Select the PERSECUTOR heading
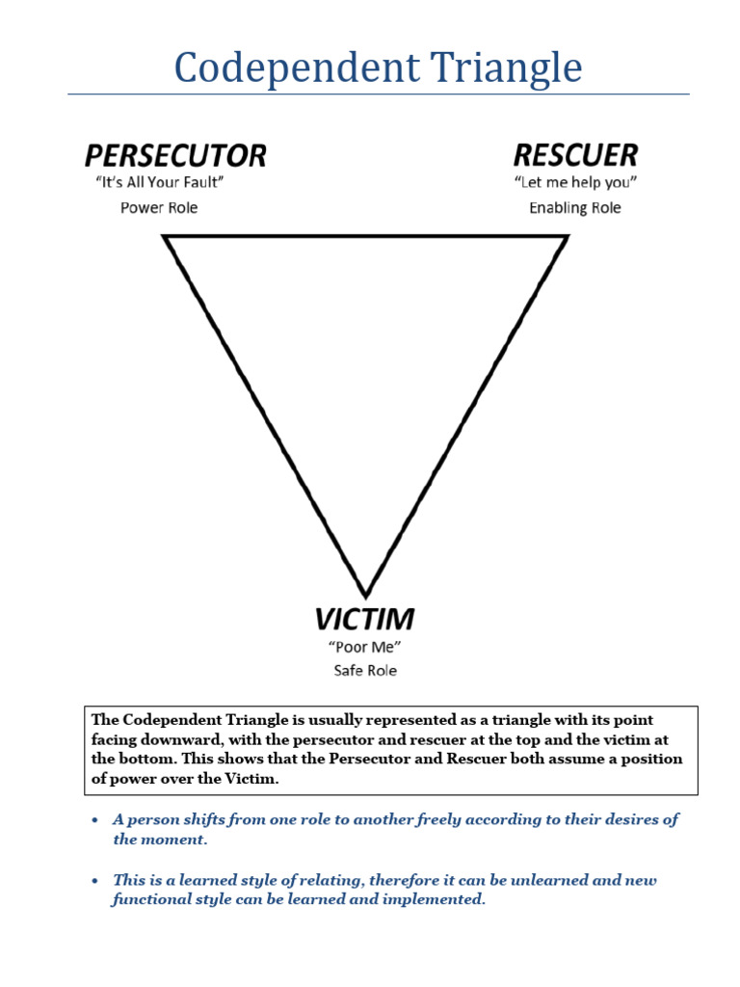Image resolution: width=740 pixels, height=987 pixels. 174,155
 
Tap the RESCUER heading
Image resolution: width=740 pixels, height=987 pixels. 575,155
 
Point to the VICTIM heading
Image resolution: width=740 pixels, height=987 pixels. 365,619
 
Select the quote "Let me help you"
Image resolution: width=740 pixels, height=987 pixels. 575,182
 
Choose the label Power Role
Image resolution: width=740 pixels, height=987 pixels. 159,207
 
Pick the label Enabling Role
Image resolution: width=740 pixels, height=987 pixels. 575,207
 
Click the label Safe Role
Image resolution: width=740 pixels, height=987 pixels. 365,670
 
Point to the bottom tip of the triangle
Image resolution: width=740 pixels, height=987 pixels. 365,594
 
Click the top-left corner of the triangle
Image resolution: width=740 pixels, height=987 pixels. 167,238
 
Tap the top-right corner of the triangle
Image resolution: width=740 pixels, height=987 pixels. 566,238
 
